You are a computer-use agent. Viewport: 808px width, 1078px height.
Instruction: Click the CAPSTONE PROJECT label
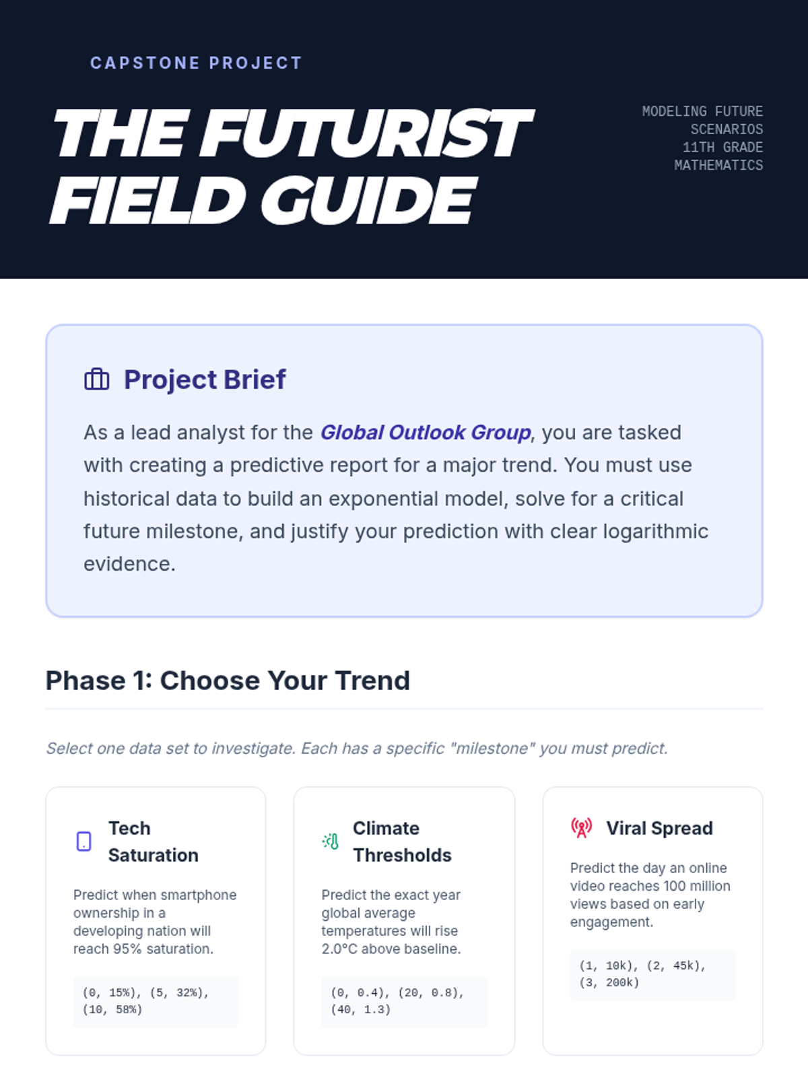click(x=196, y=63)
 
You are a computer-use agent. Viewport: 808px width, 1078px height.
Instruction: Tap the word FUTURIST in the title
click(x=366, y=133)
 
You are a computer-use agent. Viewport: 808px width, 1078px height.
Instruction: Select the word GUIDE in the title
click(x=368, y=201)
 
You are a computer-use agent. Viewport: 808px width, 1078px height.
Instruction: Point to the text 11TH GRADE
click(x=722, y=148)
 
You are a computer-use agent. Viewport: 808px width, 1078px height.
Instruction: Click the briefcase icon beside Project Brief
click(x=97, y=379)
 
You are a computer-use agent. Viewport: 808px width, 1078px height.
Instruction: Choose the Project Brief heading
click(x=205, y=379)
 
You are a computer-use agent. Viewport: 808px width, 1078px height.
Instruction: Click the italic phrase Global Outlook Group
click(x=426, y=433)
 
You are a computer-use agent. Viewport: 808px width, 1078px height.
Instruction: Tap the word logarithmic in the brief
click(x=655, y=532)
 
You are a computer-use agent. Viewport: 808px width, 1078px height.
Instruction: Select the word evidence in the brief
click(x=129, y=564)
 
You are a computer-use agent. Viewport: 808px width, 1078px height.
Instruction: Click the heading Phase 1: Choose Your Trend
click(x=228, y=680)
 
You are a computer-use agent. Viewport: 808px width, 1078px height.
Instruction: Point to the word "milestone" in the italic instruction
click(x=492, y=749)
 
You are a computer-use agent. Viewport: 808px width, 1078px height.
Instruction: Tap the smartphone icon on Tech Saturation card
click(x=84, y=842)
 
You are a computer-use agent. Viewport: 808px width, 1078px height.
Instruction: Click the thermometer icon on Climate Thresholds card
click(x=331, y=842)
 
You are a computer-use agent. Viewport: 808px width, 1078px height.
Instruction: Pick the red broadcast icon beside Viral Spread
click(x=581, y=828)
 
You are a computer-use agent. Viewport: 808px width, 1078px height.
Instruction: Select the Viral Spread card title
click(x=659, y=829)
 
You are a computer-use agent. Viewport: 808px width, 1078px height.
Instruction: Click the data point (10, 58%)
click(x=112, y=1010)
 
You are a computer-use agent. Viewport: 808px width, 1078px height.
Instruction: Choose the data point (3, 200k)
click(x=609, y=983)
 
